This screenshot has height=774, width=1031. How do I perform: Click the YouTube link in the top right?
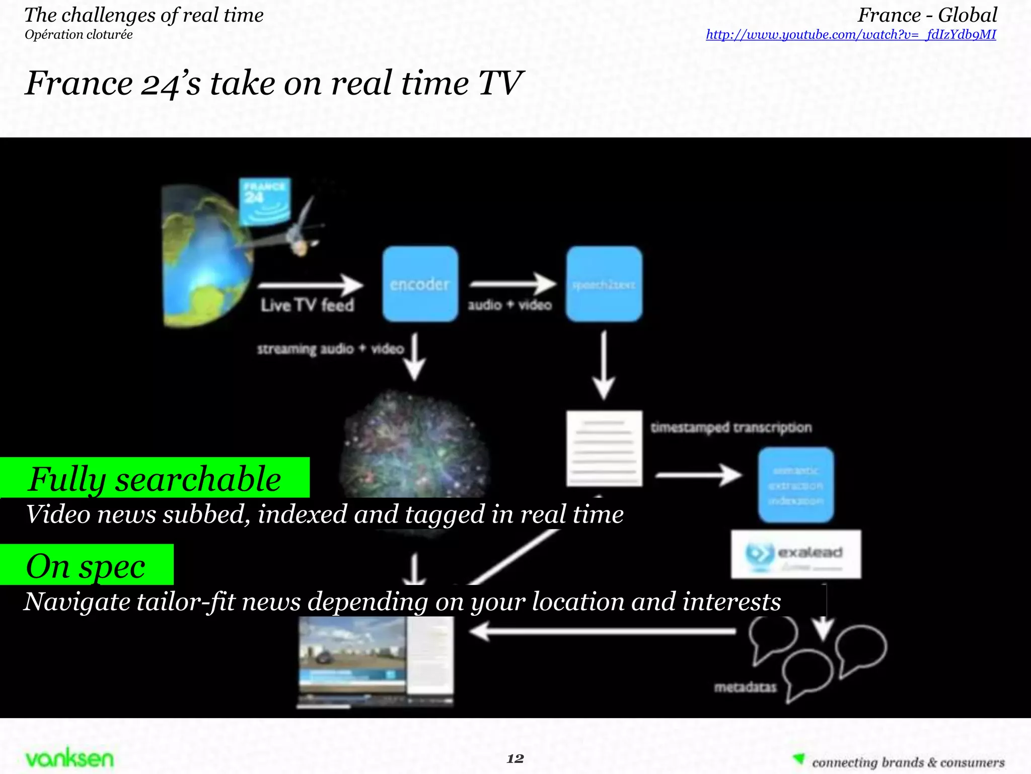pos(851,34)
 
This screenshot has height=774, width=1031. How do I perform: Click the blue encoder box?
pos(420,284)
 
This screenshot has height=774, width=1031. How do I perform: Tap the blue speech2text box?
pos(604,284)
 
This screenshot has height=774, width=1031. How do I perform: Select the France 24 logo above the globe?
pos(264,201)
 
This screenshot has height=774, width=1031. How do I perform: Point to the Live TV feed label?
pos(307,305)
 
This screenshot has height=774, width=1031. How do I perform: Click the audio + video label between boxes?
pos(509,305)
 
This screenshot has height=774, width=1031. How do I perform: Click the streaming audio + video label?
pos(330,349)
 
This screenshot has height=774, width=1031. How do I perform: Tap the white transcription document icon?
pos(604,448)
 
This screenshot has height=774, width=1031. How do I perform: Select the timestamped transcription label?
pos(731,427)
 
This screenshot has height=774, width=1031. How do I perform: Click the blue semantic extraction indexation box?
pos(796,485)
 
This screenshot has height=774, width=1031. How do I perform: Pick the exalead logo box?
pos(796,554)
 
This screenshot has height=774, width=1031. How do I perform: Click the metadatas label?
pos(745,687)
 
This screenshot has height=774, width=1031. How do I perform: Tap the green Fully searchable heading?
pos(155,478)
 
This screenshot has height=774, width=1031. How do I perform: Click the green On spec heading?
pos(86,565)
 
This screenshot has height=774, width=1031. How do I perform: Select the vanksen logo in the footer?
pos(69,758)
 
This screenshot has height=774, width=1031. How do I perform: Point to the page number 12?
pos(515,758)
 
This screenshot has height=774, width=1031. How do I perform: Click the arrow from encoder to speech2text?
pos(512,284)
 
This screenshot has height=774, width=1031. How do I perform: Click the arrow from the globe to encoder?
pos(310,285)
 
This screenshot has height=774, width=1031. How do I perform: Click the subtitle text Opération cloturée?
pos(79,35)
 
